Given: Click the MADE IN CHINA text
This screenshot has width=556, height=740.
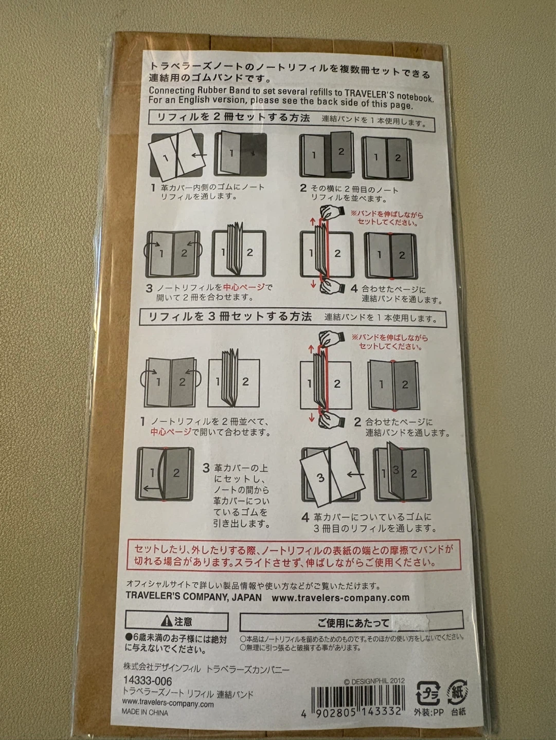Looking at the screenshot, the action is tap(145, 713).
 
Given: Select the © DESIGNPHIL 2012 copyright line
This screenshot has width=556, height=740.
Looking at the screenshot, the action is tap(374, 681).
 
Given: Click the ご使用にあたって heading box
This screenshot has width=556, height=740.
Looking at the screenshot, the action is tap(351, 622).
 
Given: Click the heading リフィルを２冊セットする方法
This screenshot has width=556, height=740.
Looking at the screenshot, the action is tap(234, 118).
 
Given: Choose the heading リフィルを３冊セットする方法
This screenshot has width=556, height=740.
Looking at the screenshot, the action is tap(230, 317).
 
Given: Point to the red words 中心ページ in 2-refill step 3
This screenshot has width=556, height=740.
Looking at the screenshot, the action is tap(244, 288).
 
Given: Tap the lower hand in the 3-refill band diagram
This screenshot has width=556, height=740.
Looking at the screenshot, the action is tap(332, 418).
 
